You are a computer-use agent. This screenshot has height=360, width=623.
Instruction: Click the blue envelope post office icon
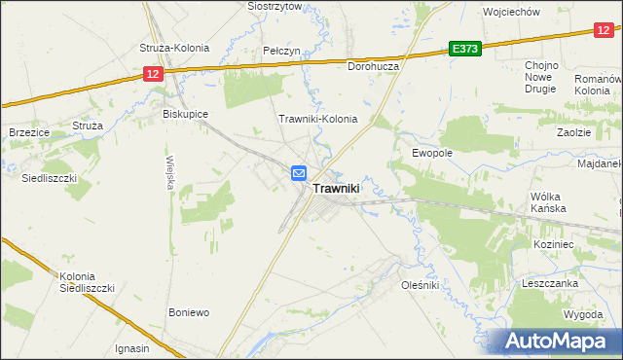(299, 173)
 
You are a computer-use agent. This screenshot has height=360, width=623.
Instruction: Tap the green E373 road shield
(465, 49)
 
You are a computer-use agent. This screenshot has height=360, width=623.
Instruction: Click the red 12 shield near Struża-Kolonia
(151, 74)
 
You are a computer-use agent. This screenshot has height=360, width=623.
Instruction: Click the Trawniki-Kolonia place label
(318, 120)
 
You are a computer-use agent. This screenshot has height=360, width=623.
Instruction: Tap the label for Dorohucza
(376, 66)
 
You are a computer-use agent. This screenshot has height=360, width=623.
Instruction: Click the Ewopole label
(432, 153)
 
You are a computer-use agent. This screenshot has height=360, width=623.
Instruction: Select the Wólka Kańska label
(548, 202)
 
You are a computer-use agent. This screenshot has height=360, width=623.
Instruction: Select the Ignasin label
(132, 348)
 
